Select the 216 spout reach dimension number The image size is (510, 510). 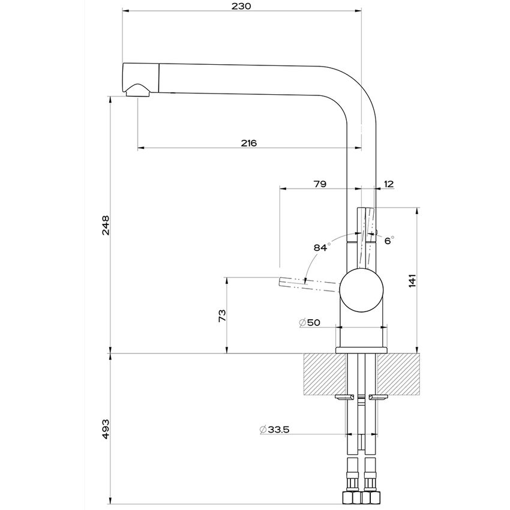point(248,143)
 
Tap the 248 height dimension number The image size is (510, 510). point(106,225)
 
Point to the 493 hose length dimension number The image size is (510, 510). point(106,428)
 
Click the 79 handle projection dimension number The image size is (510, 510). point(320,184)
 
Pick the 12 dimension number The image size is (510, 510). point(388,184)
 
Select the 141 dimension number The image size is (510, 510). point(413,280)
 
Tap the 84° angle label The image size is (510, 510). point(322,247)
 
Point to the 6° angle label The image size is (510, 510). point(389,240)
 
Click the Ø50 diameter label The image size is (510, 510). point(310,322)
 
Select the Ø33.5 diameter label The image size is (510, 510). point(277,430)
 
